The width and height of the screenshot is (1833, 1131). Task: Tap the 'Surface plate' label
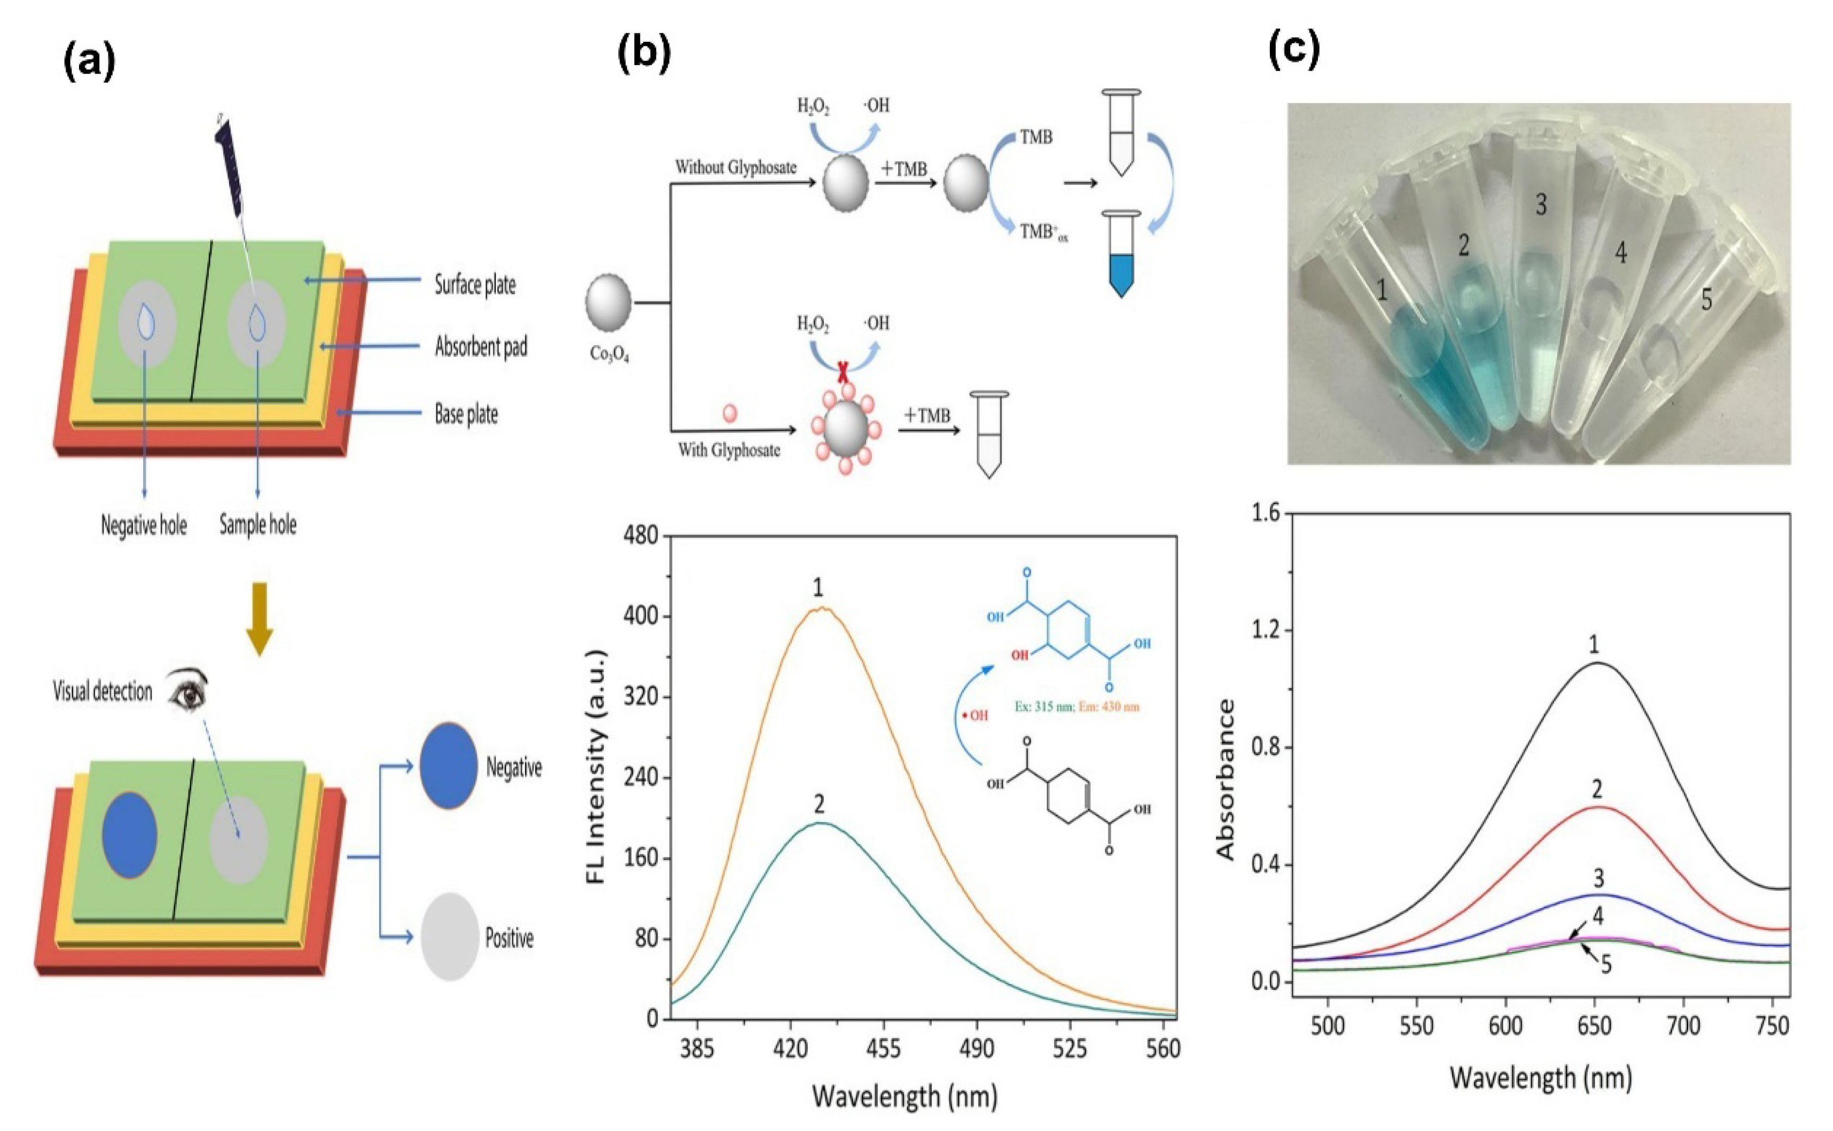click(475, 285)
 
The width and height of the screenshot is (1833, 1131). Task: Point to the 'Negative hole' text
click(144, 526)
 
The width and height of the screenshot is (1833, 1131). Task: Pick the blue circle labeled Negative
click(448, 765)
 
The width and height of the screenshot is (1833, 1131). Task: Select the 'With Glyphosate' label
click(729, 450)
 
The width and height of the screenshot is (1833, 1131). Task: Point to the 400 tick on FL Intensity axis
click(641, 617)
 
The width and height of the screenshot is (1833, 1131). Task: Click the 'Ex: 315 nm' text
click(1043, 706)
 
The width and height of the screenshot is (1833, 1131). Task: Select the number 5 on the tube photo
click(1706, 299)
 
